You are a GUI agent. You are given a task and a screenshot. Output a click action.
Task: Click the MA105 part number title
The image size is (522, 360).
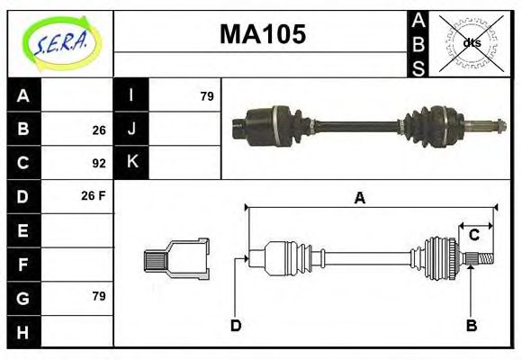click(x=263, y=34)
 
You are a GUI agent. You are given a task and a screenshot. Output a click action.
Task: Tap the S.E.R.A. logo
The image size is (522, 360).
click(x=61, y=43)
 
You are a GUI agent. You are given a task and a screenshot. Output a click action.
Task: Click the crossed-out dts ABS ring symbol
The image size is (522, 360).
click(x=471, y=43)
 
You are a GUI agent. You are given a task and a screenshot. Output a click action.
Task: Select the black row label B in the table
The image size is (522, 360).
click(x=23, y=129)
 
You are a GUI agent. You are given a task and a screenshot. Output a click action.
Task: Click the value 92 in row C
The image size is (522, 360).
click(x=99, y=163)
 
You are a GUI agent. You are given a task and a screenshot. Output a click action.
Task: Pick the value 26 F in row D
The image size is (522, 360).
click(x=94, y=196)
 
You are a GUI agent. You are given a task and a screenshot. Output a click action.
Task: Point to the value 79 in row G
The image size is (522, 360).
click(x=99, y=296)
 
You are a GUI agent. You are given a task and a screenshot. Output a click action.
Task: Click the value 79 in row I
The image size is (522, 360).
click(x=207, y=96)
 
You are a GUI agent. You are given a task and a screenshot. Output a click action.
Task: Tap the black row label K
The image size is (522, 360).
click(x=131, y=162)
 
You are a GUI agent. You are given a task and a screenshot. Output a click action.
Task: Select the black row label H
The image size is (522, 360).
click(x=22, y=332)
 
